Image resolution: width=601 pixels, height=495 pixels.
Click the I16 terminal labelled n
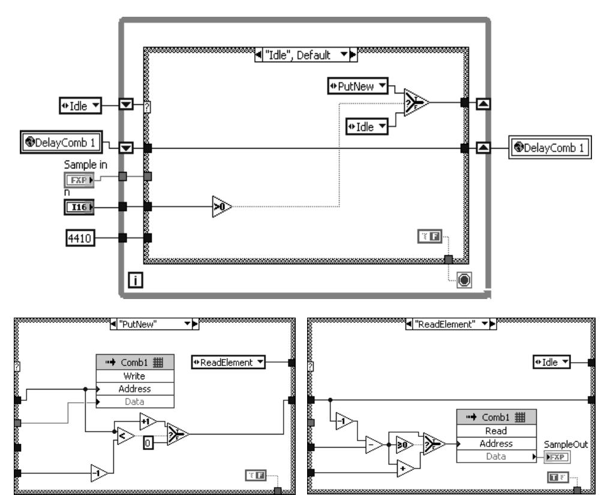pos(79,207)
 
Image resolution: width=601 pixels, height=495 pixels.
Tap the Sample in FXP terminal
pos(79,178)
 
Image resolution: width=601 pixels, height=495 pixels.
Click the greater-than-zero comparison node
pos(221,206)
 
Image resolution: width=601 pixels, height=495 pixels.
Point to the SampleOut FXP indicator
pos(557,457)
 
